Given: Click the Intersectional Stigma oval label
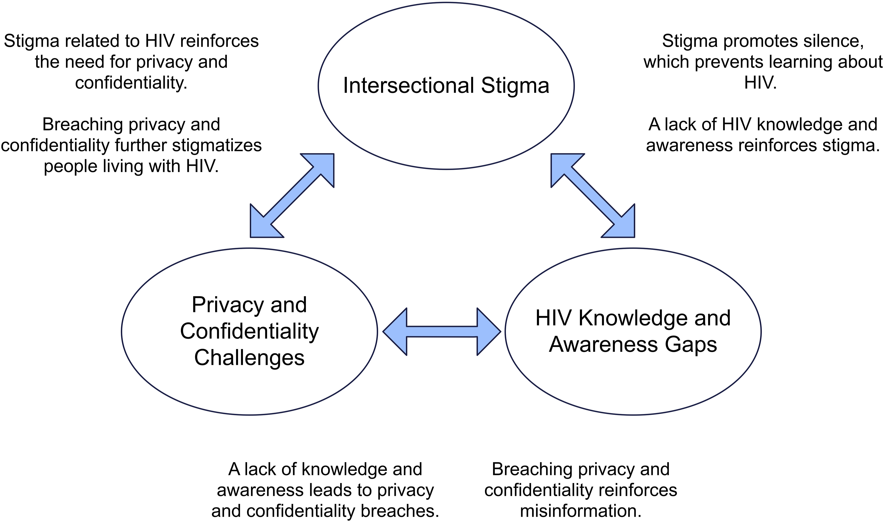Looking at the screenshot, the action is point(446,86).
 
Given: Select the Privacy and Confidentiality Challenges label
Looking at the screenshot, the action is point(249,331).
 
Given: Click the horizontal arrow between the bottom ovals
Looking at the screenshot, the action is point(442,332).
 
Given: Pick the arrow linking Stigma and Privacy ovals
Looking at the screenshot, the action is point(292,196).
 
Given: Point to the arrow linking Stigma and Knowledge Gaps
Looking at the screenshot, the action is point(593,196).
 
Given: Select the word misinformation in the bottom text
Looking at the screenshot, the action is point(581,511).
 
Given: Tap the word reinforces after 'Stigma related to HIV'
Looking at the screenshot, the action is point(220,41).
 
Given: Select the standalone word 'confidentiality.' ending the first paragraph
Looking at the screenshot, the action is point(131,83).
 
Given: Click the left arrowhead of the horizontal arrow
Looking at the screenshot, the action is point(394,332).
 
